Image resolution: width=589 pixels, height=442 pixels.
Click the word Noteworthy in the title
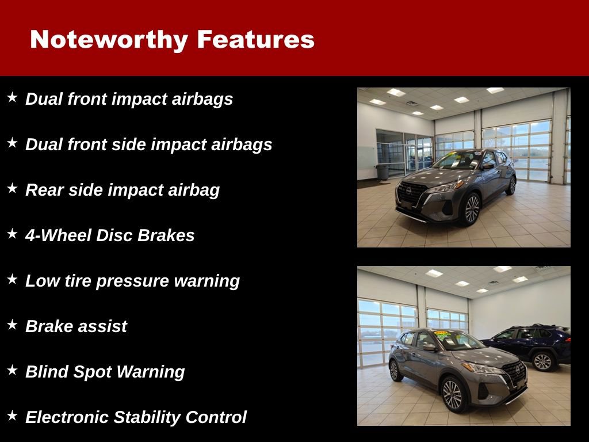click(x=109, y=40)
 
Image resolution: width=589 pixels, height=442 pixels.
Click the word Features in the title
click(x=255, y=40)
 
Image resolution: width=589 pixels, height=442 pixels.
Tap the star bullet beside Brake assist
click(x=12, y=325)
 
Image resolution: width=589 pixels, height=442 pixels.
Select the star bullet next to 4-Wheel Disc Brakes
click(x=12, y=234)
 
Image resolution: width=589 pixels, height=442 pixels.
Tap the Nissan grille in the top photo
click(x=412, y=194)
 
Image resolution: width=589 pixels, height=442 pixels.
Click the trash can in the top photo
click(x=383, y=172)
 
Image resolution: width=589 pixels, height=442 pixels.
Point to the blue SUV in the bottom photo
click(x=532, y=345)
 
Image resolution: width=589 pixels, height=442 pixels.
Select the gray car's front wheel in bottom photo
click(x=452, y=394)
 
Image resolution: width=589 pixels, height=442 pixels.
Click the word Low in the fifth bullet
click(x=39, y=281)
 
